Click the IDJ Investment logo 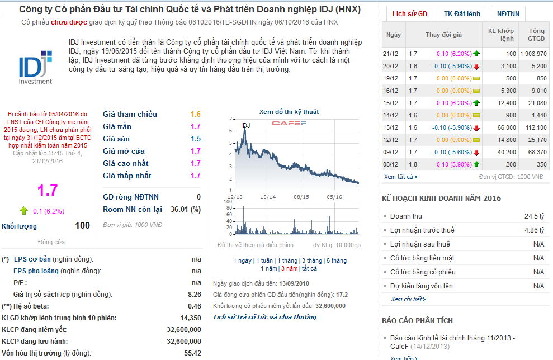click(35, 69)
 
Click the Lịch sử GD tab click(409, 13)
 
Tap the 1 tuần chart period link click(266, 260)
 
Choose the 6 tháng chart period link click(336, 260)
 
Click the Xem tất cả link click(400, 177)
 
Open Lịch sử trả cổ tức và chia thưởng click(265, 317)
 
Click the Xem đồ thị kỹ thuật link click(289, 112)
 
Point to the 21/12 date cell click(390, 54)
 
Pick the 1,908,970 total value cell click(533, 54)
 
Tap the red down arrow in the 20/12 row click(476, 66)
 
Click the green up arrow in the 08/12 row click(476, 164)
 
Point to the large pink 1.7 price click(47, 190)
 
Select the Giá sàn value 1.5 click(195, 139)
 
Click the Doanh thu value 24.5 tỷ click(534, 216)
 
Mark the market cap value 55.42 click(192, 353)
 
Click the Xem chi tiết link click(406, 299)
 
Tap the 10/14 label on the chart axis click(268, 197)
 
